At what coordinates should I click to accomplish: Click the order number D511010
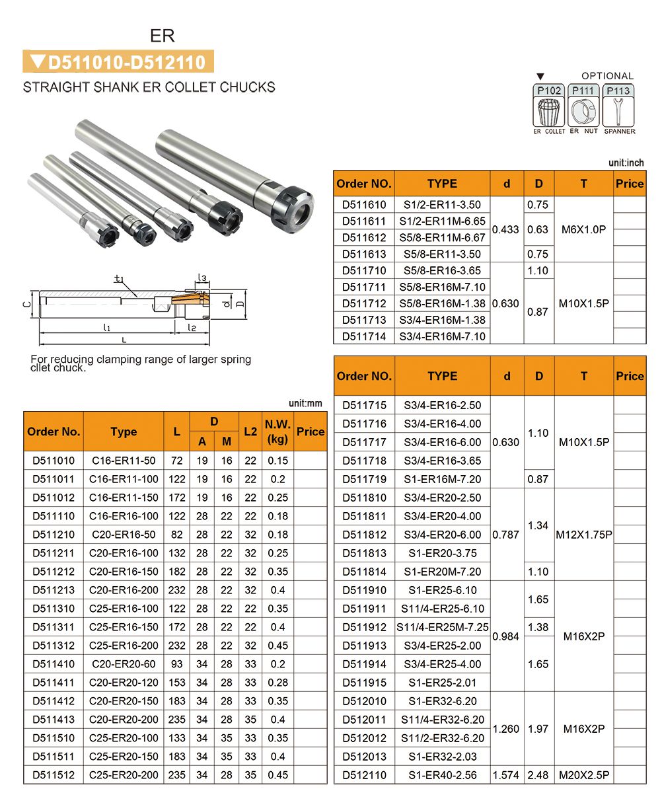tap(54, 461)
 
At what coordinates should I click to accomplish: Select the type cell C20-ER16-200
tap(124, 590)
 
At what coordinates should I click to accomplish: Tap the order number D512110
tap(364, 775)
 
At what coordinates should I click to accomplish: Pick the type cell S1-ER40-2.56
tap(442, 775)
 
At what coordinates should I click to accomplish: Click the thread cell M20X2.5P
tap(583, 775)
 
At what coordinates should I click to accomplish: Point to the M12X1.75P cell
tap(583, 535)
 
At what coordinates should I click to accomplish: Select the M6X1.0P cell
tap(583, 229)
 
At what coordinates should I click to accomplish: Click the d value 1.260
tap(506, 729)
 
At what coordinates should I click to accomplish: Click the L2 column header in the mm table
tap(250, 432)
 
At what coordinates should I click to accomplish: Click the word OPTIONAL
tap(607, 76)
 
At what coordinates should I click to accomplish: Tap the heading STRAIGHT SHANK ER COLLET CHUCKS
tap(149, 87)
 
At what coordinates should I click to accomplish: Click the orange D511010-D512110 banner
tap(119, 62)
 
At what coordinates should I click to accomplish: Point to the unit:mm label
tap(305, 402)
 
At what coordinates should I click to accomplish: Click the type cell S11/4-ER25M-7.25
tap(442, 627)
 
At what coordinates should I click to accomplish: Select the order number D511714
tap(364, 336)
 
